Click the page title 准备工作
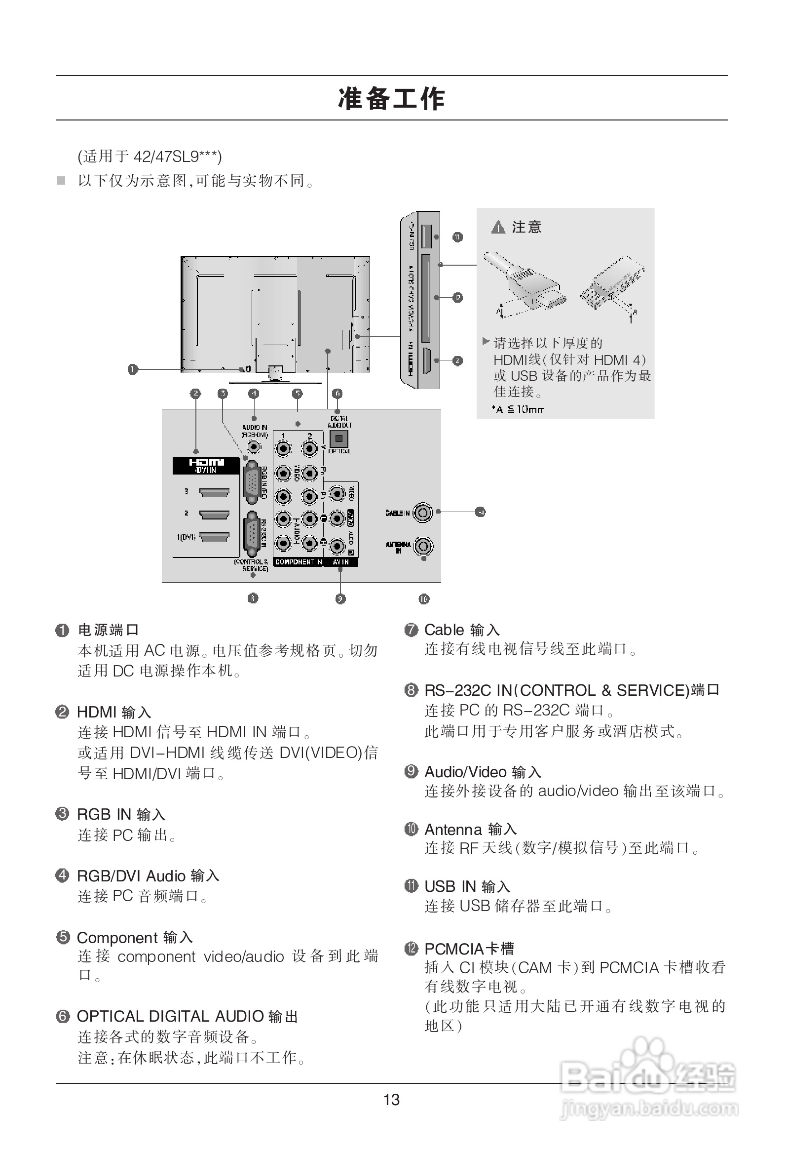point(391,98)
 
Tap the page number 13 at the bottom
point(391,1100)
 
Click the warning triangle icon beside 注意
point(498,228)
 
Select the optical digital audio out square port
point(338,438)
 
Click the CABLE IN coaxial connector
point(422,513)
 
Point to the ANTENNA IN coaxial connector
point(423,546)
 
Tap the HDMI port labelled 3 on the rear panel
point(214,493)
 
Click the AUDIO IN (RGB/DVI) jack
point(254,446)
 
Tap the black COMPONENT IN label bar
point(298,562)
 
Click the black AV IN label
point(340,562)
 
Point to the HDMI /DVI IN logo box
point(206,466)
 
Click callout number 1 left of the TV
point(132,369)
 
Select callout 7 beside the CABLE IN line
point(480,512)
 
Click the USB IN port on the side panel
point(426,237)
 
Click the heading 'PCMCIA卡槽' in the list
point(469,949)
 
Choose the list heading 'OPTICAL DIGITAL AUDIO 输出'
point(187,1017)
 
